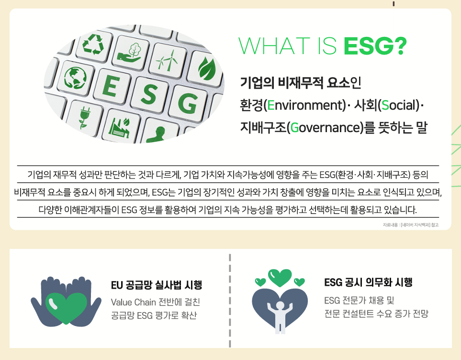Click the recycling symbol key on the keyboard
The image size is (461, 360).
[x=93, y=45]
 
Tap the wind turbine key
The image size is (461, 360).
[x=167, y=61]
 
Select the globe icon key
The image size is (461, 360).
[x=76, y=78]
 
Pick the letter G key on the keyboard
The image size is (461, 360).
[x=187, y=103]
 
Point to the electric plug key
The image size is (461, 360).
[x=84, y=118]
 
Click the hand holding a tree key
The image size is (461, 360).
[x=130, y=53]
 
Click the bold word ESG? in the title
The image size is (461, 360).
[x=375, y=46]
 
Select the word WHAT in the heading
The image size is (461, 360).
[x=274, y=46]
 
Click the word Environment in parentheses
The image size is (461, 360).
[x=304, y=105]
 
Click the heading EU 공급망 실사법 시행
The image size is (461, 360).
[x=157, y=285]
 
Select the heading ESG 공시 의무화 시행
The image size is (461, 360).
[x=368, y=282]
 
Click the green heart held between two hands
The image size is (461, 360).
[x=67, y=308]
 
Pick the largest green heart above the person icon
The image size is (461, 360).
[x=280, y=278]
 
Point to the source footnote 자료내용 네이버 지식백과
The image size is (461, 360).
[x=410, y=225]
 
